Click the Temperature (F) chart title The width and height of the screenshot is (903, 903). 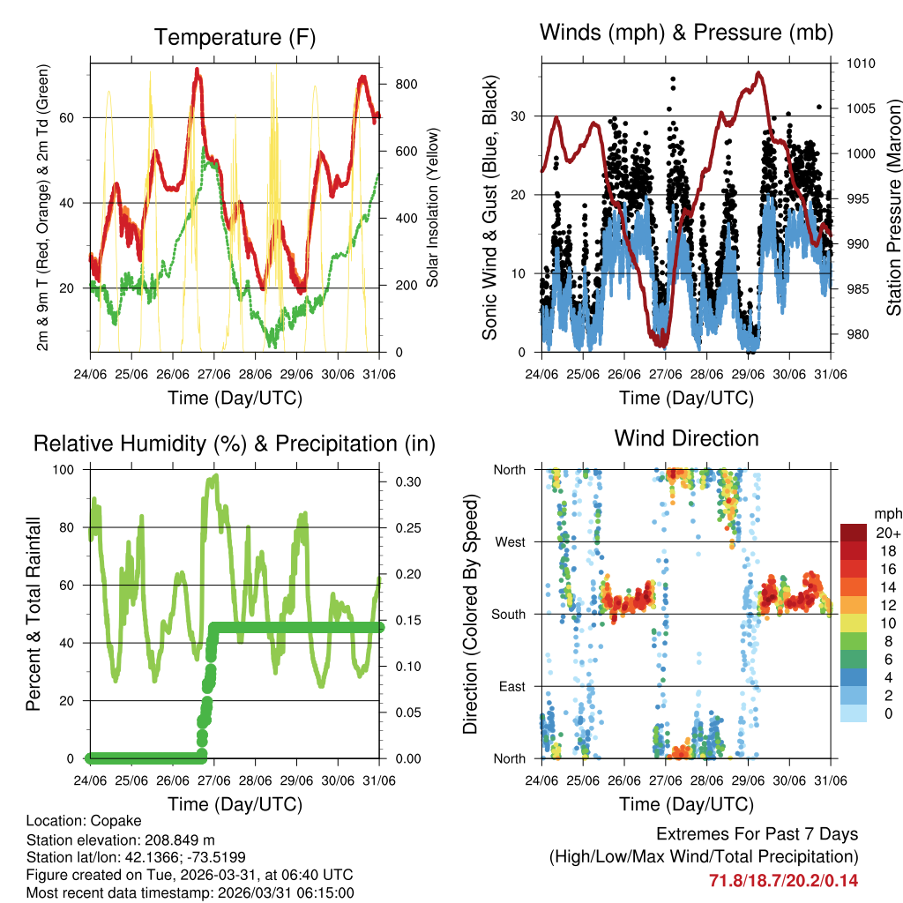(x=234, y=37)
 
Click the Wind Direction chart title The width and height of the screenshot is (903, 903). (x=686, y=437)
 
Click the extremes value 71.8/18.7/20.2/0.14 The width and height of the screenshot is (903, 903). (x=783, y=880)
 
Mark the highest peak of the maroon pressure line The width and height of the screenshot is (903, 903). (x=758, y=73)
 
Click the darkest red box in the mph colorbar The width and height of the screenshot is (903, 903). (x=854, y=533)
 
